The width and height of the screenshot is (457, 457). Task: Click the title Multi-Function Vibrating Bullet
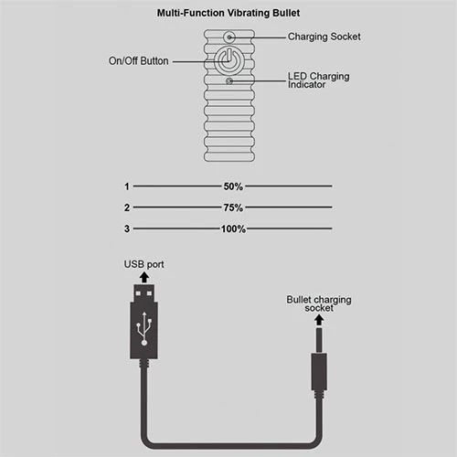(228, 13)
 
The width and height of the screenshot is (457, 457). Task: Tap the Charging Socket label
(324, 37)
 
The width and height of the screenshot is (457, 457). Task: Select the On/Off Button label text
(139, 61)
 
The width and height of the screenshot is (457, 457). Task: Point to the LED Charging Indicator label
(319, 80)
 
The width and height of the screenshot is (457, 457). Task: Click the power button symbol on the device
(229, 60)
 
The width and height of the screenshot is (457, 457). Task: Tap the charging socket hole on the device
(229, 37)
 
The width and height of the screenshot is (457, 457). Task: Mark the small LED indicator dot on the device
(229, 81)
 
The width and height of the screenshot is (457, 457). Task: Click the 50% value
(233, 186)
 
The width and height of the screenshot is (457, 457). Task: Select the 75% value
(233, 207)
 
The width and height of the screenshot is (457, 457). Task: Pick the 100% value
(233, 228)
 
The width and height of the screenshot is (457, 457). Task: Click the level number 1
(127, 186)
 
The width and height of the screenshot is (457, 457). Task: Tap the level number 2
(127, 207)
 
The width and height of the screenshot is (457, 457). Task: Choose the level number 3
(127, 228)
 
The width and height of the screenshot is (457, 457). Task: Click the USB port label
(143, 264)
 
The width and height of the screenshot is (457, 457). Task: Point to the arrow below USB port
(144, 277)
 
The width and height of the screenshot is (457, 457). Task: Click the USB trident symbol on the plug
(144, 328)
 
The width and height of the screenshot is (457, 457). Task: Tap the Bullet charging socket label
(319, 303)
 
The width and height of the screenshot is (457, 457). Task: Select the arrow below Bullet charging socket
(319, 320)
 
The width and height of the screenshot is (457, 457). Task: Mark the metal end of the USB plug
(144, 293)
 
